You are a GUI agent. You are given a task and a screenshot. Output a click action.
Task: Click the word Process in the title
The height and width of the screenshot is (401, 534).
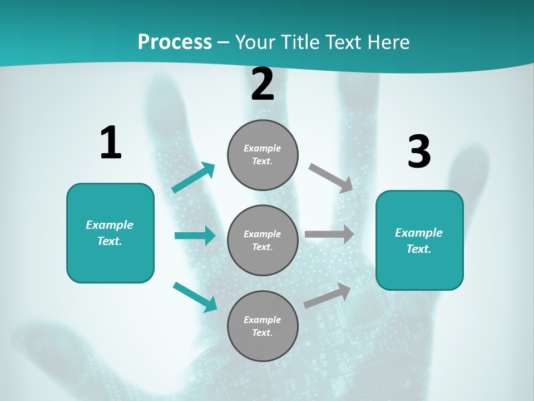tap(175, 42)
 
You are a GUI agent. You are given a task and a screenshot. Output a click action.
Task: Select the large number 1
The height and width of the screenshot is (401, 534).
tap(111, 143)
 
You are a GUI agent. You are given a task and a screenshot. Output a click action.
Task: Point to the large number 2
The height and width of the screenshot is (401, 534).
tap(263, 85)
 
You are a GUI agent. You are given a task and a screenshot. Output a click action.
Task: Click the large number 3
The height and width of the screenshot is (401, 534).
tap(419, 152)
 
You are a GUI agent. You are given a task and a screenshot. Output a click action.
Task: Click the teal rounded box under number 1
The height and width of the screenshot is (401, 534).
tap(110, 233)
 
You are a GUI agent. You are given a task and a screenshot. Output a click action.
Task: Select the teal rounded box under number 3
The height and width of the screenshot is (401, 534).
tap(419, 241)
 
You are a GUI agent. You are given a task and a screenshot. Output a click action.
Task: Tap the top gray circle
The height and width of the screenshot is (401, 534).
tap(263, 155)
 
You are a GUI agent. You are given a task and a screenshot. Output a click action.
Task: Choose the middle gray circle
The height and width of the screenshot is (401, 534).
tap(263, 241)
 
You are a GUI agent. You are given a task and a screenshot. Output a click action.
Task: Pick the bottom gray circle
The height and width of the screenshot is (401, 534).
tap(263, 326)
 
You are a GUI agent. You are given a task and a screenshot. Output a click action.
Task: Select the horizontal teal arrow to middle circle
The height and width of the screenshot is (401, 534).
tap(195, 236)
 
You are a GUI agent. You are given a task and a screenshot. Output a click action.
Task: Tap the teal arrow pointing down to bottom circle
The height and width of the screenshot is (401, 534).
tap(195, 296)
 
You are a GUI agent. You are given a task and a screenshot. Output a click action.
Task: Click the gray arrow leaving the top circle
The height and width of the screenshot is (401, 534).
tap(331, 178)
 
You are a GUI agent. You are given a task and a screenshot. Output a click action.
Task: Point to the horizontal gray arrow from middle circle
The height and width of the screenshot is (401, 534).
tap(329, 234)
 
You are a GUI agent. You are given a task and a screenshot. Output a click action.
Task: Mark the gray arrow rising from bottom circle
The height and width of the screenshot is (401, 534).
tap(328, 296)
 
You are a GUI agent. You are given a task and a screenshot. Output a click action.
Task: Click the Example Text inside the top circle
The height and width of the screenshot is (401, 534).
tap(263, 155)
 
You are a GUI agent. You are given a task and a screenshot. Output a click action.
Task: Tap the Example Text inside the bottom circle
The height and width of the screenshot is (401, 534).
tap(263, 326)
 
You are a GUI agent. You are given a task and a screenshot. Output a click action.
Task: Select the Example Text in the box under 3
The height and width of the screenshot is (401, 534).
tap(419, 241)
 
